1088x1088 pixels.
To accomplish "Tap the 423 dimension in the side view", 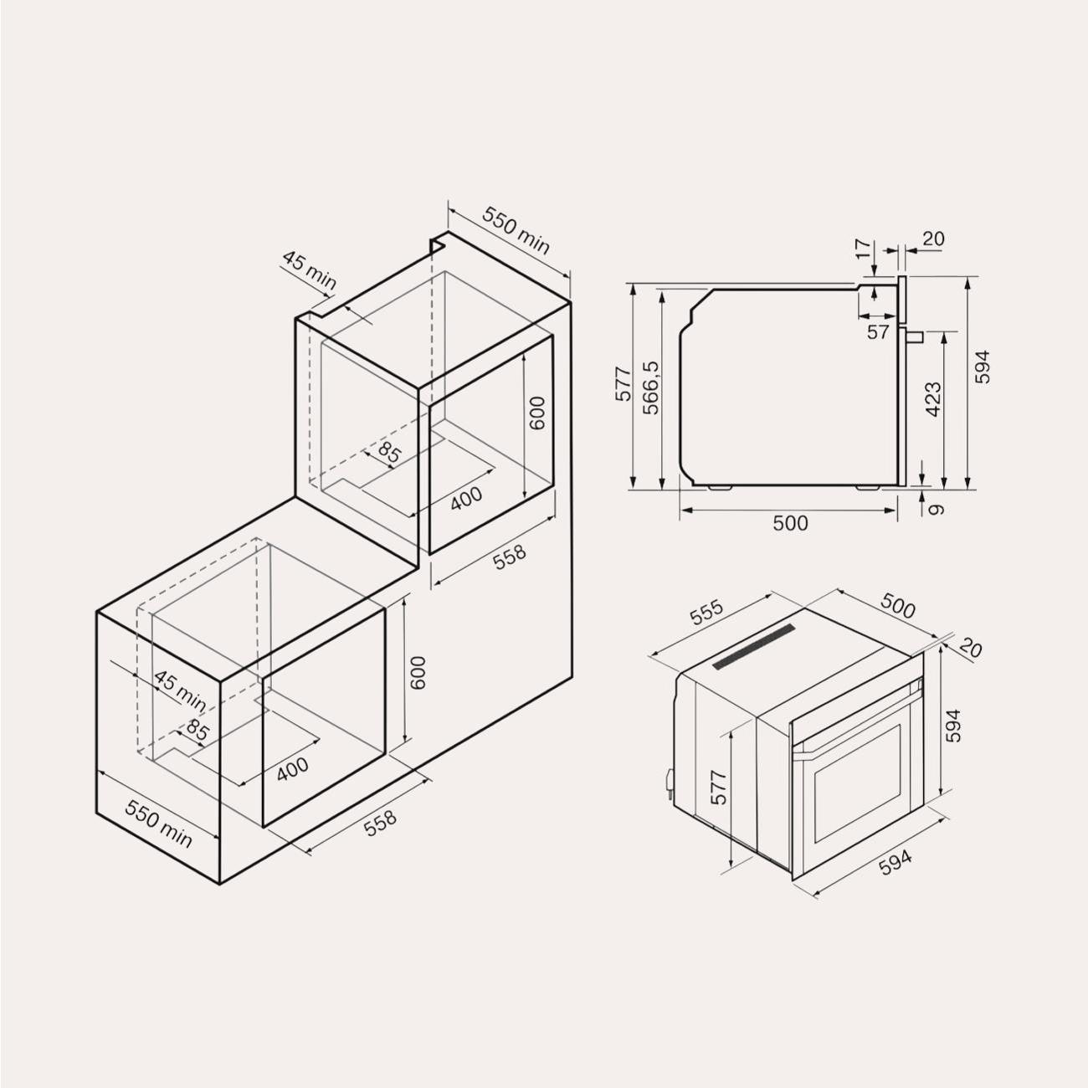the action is click(x=934, y=400).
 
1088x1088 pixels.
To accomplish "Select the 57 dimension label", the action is click(x=878, y=332).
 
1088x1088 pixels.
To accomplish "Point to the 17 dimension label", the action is click(x=864, y=249).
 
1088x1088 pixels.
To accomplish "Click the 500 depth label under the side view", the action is click(x=790, y=523).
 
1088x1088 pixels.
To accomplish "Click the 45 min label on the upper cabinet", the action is click(x=309, y=271).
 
